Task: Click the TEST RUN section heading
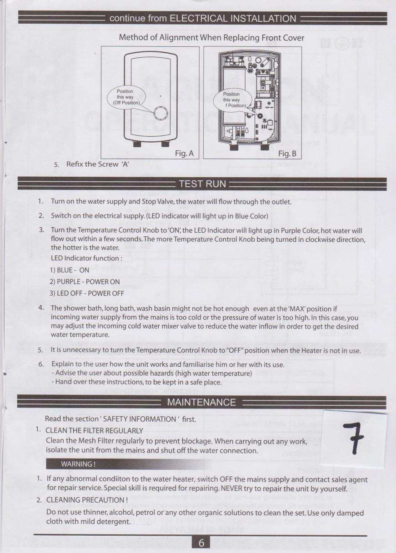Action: point(202,184)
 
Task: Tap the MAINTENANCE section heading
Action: point(201,402)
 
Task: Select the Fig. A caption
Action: point(184,154)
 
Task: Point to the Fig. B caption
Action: point(287,154)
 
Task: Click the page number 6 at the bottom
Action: point(201,543)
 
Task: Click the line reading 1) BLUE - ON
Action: point(70,269)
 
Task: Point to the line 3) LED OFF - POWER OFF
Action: point(87,293)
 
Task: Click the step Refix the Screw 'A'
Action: point(98,164)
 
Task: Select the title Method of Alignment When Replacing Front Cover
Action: point(211,37)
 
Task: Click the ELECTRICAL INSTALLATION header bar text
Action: point(203,19)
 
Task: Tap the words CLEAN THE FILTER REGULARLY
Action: point(95,430)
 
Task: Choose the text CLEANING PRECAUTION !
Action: point(87,500)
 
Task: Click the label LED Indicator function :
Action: point(86,258)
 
